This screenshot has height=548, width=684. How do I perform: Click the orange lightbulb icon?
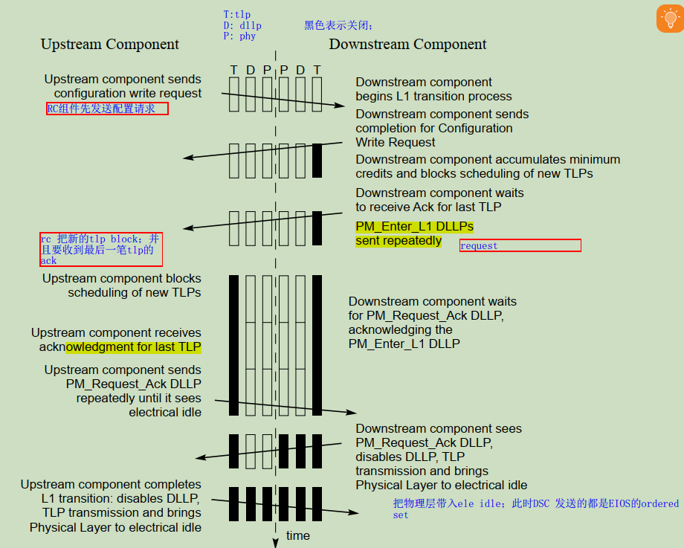click(x=669, y=19)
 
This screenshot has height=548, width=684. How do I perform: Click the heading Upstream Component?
click(x=110, y=45)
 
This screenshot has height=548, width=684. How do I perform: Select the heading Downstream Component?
click(x=407, y=45)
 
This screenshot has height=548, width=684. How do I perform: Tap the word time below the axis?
click(x=298, y=535)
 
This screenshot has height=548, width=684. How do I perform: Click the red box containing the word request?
click(x=520, y=245)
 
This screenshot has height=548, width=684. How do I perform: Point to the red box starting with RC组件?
click(x=107, y=109)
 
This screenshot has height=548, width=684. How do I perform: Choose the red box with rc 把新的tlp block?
click(x=100, y=250)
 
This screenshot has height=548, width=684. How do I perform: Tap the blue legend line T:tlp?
click(x=238, y=14)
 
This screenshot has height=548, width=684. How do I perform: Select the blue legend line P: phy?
click(x=239, y=36)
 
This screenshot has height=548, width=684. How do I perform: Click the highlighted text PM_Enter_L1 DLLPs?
click(x=414, y=226)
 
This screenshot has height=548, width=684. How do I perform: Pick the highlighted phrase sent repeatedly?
click(x=399, y=241)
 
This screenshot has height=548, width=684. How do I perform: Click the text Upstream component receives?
click(x=116, y=333)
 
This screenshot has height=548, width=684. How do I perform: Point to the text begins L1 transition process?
click(x=433, y=96)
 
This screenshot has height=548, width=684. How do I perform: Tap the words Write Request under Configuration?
click(x=396, y=142)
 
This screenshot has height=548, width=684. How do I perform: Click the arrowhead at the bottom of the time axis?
click(x=275, y=542)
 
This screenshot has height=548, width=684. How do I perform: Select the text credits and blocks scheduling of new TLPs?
click(x=474, y=173)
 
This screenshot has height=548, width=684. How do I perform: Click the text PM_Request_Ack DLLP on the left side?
click(x=133, y=384)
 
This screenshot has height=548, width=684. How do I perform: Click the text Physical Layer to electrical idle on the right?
click(x=442, y=485)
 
